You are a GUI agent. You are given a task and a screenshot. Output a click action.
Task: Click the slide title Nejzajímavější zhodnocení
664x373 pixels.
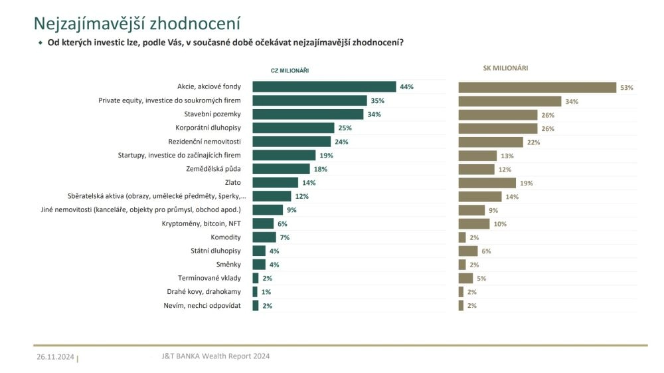tap(137, 23)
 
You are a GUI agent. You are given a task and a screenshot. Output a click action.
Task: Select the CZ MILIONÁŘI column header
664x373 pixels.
tap(290, 70)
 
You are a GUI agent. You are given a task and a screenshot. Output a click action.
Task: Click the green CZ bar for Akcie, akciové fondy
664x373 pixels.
tap(324, 86)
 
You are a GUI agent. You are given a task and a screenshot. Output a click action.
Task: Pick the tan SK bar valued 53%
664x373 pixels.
tap(537, 87)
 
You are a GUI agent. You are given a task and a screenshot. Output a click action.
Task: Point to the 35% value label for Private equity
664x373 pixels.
tap(378, 100)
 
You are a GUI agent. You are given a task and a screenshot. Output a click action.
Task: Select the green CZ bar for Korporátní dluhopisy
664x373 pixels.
tap(293, 128)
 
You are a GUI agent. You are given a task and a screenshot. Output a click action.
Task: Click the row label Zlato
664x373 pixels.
tap(233, 182)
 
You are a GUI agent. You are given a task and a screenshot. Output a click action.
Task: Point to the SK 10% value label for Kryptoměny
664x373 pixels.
tap(500, 224)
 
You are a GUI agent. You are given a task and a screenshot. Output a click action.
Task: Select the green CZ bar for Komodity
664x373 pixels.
tap(264, 237)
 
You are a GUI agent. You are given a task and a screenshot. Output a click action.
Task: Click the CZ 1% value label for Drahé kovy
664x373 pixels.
tap(266, 292)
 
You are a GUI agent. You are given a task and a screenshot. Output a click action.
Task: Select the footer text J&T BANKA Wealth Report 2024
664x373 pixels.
tap(216, 356)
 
